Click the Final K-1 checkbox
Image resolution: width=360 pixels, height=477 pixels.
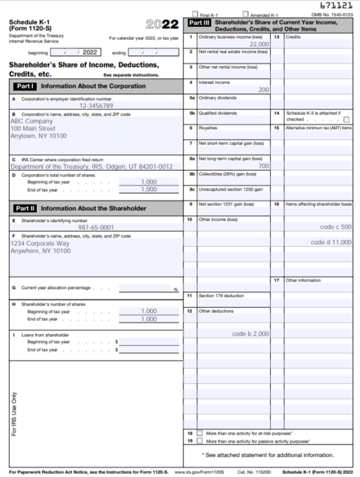196,14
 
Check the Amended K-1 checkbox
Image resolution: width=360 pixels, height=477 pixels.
246,14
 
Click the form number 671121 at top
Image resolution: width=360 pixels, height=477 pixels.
336,6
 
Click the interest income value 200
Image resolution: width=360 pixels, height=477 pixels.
264,90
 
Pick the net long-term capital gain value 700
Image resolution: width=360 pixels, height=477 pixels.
264,166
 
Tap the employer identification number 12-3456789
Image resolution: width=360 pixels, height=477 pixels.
96,106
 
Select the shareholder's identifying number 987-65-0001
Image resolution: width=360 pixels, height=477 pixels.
96,227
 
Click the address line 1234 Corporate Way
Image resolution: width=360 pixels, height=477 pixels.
40,243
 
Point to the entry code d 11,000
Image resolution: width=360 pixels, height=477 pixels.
331,242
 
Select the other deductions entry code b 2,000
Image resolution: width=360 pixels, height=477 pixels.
251,334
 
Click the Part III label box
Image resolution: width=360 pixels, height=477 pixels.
199,23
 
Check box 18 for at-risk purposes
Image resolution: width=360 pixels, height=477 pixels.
199,433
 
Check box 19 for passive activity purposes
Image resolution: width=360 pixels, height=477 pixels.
199,441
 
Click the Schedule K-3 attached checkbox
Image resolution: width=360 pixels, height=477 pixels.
346,120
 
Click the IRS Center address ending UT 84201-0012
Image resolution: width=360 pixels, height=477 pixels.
92,167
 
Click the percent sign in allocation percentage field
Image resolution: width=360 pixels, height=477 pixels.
175,289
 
